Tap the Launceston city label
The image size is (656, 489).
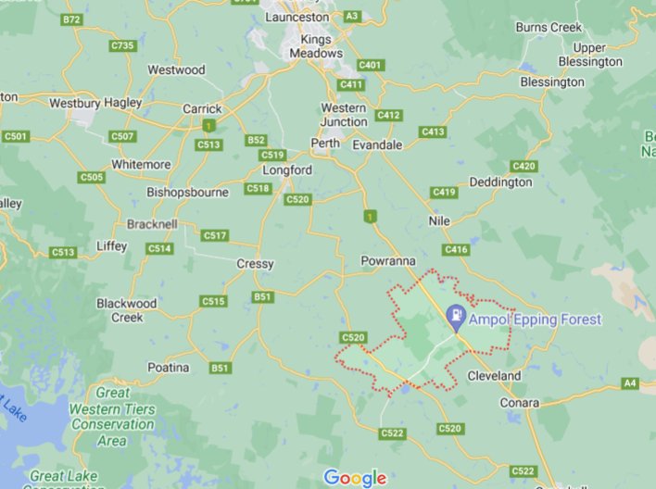click(297, 17)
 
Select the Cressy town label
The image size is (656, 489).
click(255, 264)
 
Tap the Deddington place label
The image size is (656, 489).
click(500, 182)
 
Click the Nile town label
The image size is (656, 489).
click(439, 221)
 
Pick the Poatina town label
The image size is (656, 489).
click(168, 368)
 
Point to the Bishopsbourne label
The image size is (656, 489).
click(186, 193)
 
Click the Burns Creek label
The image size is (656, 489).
click(549, 28)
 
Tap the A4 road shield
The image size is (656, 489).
click(631, 382)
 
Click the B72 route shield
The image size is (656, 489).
click(70, 19)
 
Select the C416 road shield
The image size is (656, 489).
click(456, 250)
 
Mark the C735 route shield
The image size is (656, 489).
click(122, 45)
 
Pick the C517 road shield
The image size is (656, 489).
click(214, 235)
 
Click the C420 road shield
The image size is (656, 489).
click(524, 166)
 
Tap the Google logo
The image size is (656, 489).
click(354, 478)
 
